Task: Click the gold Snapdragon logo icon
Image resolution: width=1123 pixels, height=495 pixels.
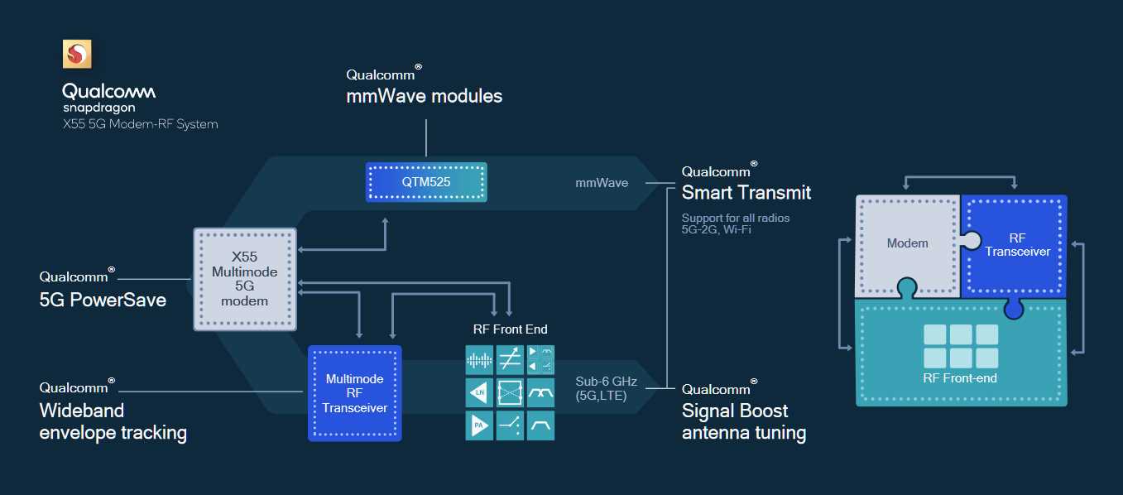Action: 78,55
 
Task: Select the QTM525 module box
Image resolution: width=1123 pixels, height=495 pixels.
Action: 426,182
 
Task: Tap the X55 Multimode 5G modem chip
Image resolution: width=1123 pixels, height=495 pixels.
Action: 244,279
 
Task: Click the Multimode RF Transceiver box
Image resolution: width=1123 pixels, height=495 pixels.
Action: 354,393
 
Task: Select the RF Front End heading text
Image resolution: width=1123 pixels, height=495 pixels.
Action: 510,329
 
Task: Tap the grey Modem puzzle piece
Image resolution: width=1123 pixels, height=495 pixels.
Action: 907,244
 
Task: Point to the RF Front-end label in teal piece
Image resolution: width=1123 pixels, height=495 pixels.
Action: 960,378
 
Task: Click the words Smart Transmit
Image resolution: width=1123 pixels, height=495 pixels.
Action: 746,193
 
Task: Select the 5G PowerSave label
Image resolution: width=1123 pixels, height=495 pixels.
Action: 103,300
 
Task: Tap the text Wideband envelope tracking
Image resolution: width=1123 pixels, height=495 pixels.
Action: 113,421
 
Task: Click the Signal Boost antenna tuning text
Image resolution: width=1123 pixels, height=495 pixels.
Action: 743,421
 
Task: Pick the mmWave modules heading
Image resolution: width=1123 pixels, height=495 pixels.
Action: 424,96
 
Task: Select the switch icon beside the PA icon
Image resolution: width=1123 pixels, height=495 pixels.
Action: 511,426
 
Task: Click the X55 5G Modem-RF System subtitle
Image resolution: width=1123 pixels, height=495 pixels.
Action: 140,124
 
